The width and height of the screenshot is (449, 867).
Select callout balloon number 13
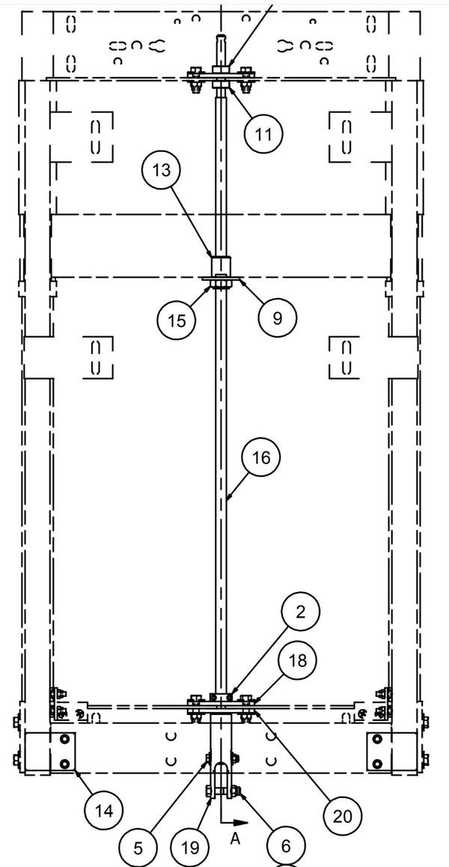(x=162, y=170)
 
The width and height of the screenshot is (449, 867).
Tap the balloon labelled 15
(x=177, y=321)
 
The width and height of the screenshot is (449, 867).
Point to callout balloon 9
(x=277, y=318)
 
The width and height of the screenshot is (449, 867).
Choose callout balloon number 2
(x=300, y=612)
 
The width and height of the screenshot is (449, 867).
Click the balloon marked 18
(x=297, y=661)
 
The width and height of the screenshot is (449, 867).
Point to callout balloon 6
(x=285, y=846)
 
